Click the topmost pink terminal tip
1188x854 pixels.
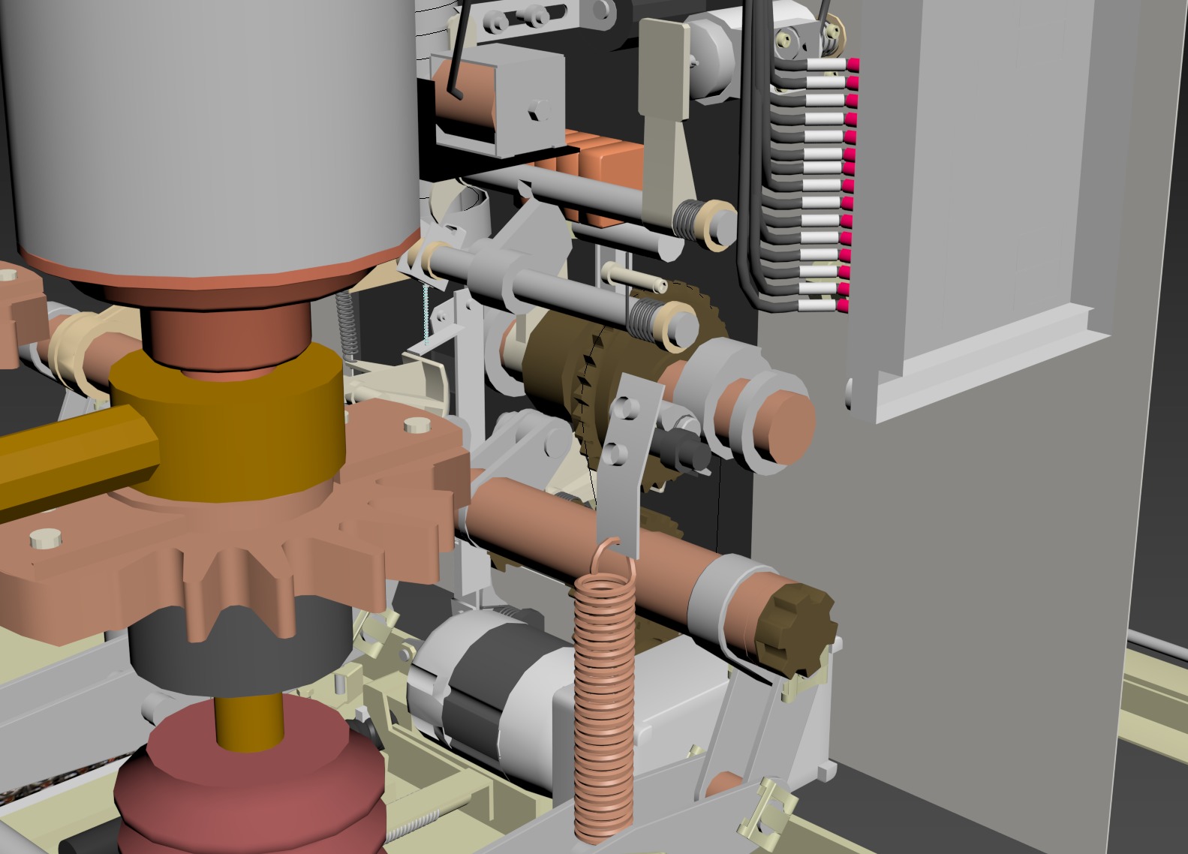click(x=853, y=65)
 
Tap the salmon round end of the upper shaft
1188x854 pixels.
click(x=785, y=425)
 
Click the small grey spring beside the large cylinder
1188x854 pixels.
click(x=346, y=323)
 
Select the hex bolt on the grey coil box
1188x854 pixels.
click(x=536, y=110)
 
